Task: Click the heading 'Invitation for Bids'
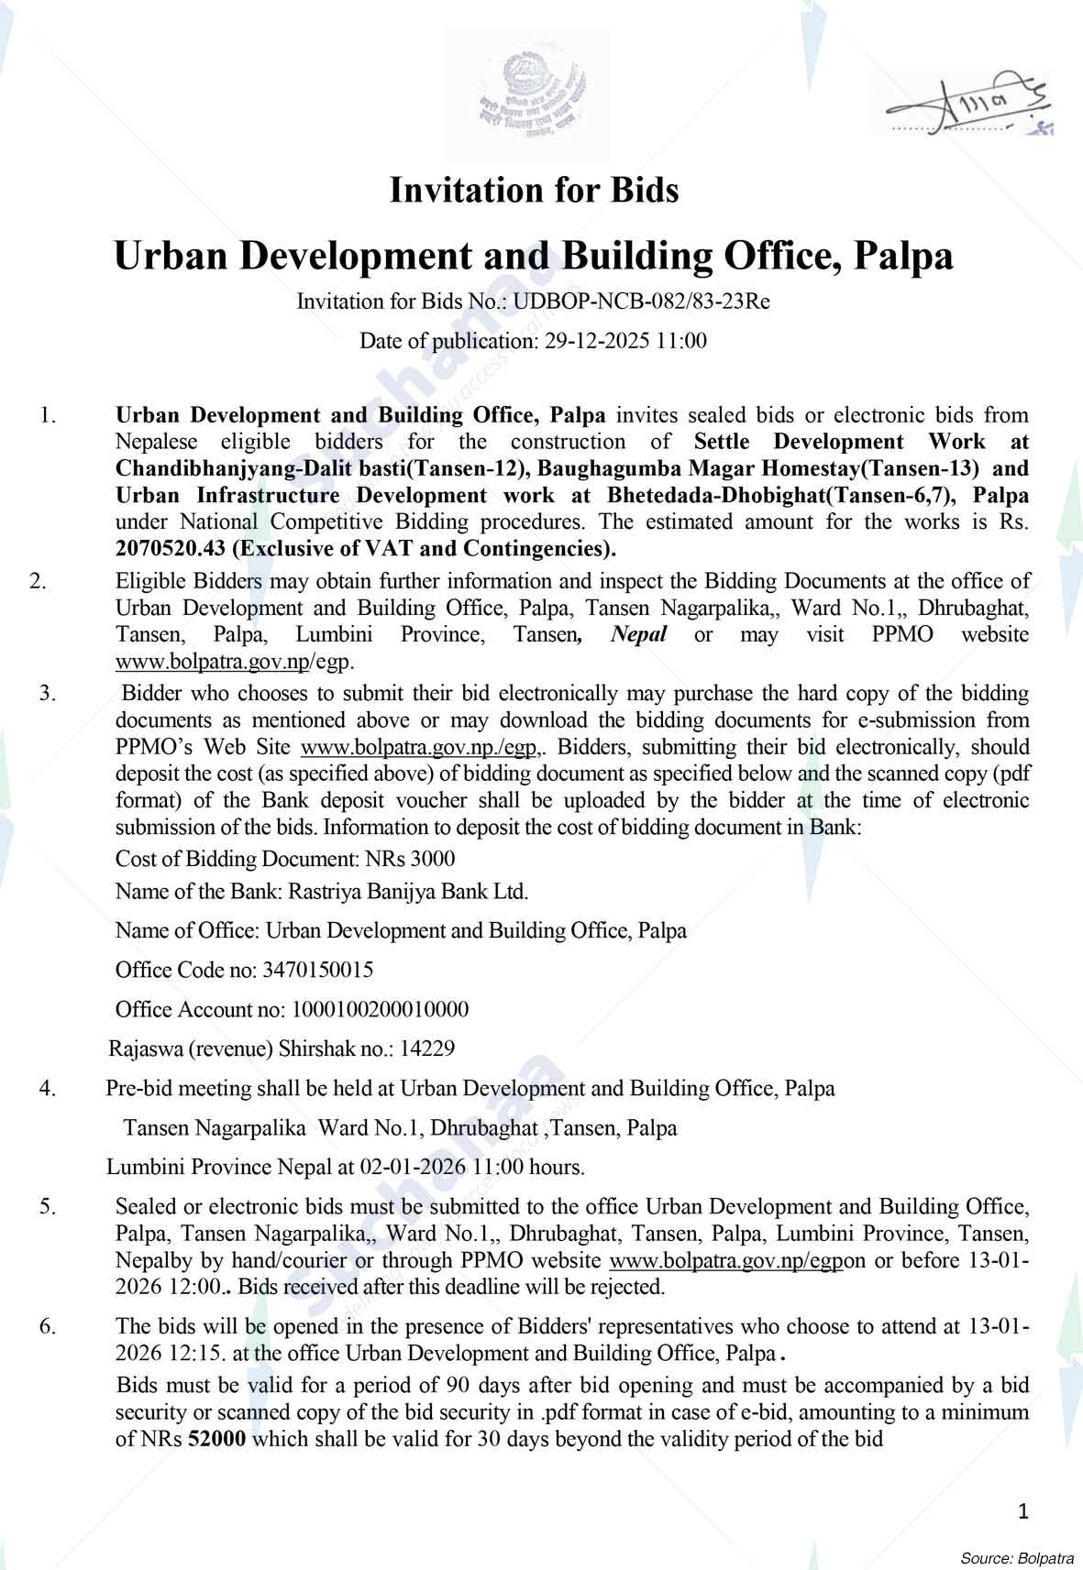[x=534, y=191]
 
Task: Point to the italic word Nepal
[x=638, y=634]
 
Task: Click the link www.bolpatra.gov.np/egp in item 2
[x=234, y=661]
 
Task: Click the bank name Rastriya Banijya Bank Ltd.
[x=408, y=891]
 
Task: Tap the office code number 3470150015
[x=317, y=970]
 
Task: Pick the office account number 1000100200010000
[x=380, y=1009]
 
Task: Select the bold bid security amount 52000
[x=216, y=1439]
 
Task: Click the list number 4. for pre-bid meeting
[x=48, y=1089]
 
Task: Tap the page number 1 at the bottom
[x=1023, y=1510]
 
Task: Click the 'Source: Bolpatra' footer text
[x=1017, y=1557]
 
